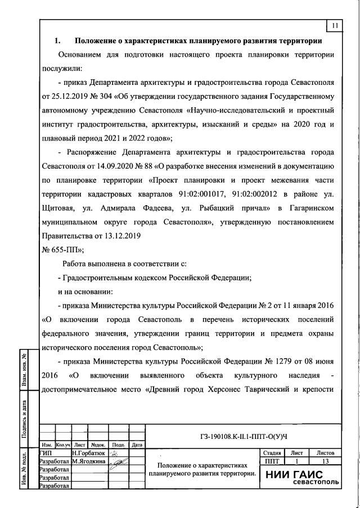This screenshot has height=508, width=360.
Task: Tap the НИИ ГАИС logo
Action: click(x=301, y=476)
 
